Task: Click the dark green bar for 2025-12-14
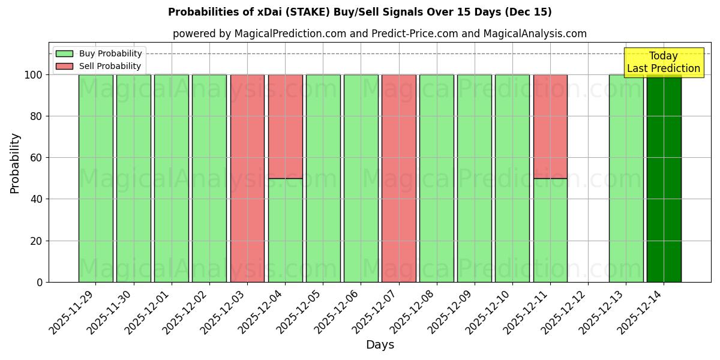point(664,178)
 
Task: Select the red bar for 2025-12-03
point(247,178)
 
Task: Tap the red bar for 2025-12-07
point(398,178)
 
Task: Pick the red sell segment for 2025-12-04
point(285,126)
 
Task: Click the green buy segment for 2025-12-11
point(550,230)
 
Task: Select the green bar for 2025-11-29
point(96,178)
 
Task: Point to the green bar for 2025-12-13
point(626,178)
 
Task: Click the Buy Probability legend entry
point(99,53)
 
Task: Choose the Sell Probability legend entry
point(99,66)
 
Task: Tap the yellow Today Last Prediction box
point(663,62)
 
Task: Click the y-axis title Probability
point(15,163)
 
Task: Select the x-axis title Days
point(380,345)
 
